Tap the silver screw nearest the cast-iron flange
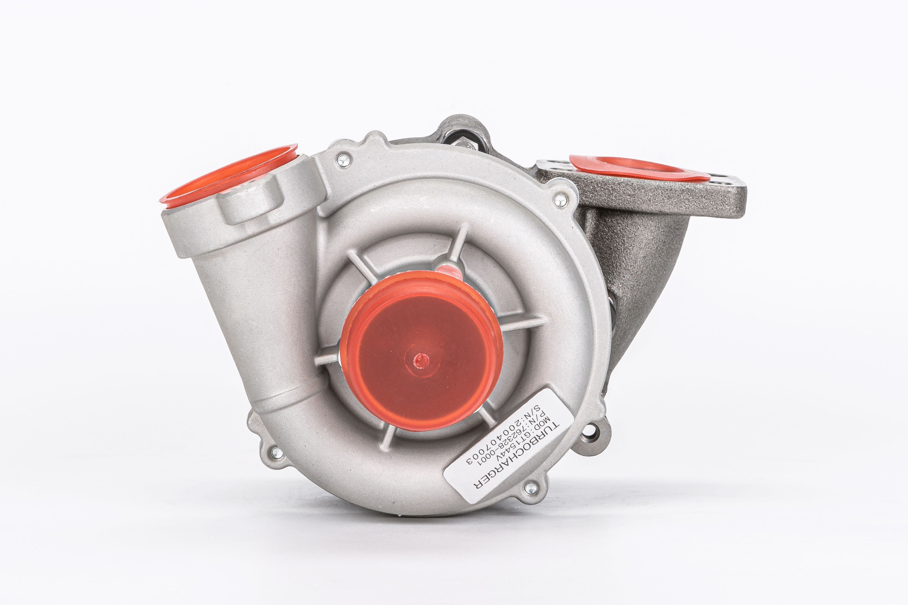pyautogui.click(x=560, y=199)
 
